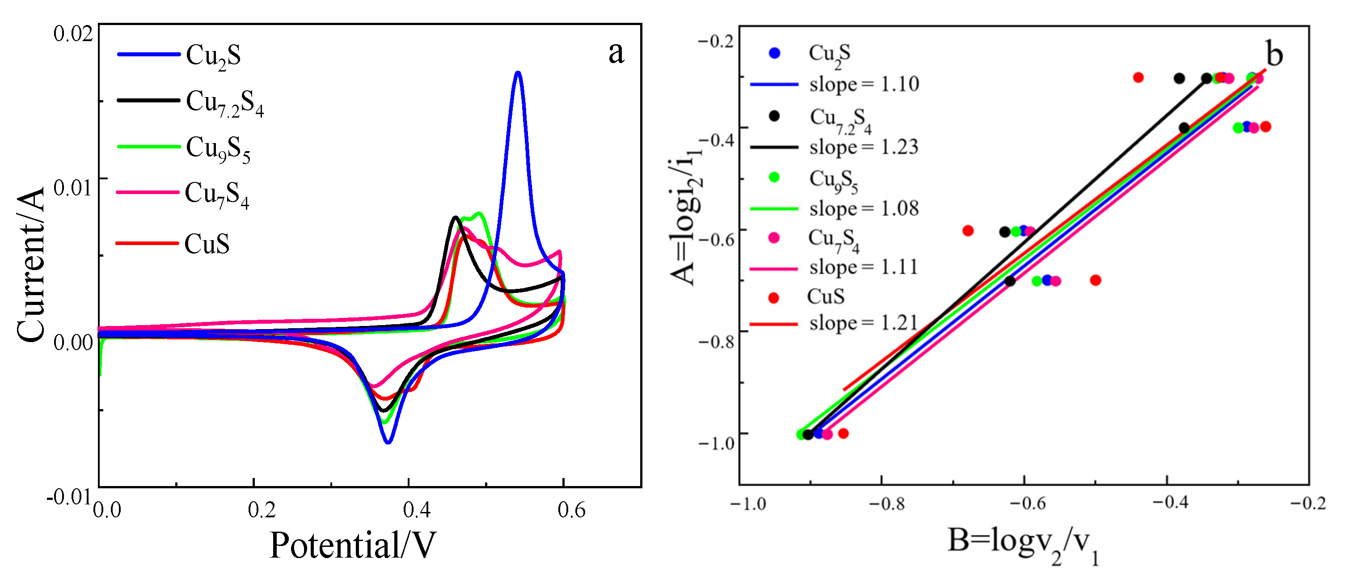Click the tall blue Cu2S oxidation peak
pyautogui.click(x=518, y=73)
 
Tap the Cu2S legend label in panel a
pyautogui.click(x=213, y=55)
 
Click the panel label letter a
pyautogui.click(x=616, y=52)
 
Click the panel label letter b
pyautogui.click(x=1274, y=54)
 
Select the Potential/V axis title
pyautogui.click(x=352, y=546)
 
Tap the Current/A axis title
pyautogui.click(x=30, y=265)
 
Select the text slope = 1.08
pyautogui.click(x=864, y=209)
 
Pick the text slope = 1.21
pyautogui.click(x=864, y=323)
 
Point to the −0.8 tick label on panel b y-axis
pyautogui.click(x=717, y=342)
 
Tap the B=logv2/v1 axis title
pyautogui.click(x=1023, y=546)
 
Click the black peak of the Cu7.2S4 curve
pyautogui.click(x=455, y=217)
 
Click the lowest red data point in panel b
pyautogui.click(x=843, y=433)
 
